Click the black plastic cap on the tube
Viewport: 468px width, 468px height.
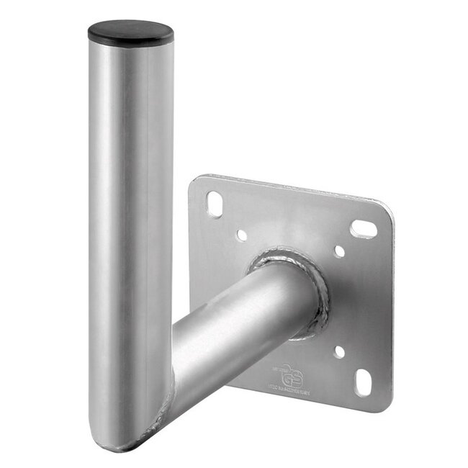[x=130, y=32]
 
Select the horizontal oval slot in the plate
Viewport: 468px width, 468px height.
[x=363, y=229]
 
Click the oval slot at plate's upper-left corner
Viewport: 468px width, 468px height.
[x=214, y=204]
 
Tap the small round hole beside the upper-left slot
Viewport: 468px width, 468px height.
[x=242, y=235]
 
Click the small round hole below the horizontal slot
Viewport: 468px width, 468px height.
[x=339, y=251]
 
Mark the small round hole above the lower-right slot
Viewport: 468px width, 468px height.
[x=339, y=352]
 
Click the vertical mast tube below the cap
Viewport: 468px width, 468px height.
[x=130, y=216]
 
